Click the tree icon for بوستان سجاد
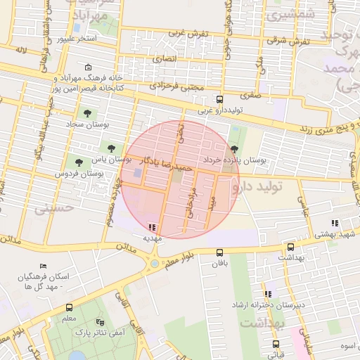tap(87, 113)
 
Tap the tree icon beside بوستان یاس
tap(110, 147)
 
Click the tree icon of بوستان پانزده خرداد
tap(234, 148)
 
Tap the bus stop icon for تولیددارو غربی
tap(219, 99)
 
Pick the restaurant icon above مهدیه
tap(153, 226)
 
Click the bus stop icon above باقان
tap(219, 253)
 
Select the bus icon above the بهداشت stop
tap(290, 247)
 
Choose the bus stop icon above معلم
tap(69, 307)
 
